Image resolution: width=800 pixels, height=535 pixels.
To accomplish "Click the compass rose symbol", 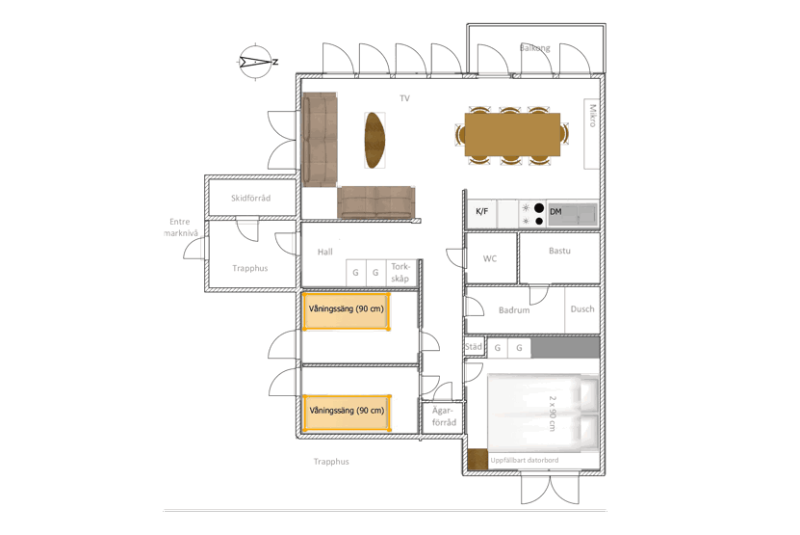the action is [256, 62].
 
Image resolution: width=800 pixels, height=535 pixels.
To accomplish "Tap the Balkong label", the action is [534, 48].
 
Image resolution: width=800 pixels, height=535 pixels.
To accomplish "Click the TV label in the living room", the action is [404, 98].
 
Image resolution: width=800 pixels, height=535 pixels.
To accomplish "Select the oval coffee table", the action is [374, 140].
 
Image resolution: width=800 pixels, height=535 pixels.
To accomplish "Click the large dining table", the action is [512, 135].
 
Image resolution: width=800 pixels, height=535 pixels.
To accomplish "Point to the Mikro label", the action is [592, 116].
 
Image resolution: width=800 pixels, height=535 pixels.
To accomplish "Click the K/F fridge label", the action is [481, 211].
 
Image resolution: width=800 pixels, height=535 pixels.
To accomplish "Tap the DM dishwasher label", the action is [555, 211].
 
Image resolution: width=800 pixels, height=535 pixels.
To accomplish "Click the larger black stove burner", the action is [539, 208].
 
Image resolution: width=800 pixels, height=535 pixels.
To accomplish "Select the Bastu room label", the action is [559, 251].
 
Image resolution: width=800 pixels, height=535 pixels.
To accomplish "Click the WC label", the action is [490, 258].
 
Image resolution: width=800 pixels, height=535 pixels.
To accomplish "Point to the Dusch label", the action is [582, 309].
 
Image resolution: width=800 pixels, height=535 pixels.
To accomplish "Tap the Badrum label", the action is [514, 310].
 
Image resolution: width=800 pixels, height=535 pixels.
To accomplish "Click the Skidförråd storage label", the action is [250, 198].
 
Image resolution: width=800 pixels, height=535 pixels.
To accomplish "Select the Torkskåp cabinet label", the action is [400, 273].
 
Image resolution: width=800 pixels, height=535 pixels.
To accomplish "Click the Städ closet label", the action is [473, 347].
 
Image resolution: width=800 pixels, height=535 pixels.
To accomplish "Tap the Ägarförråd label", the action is [444, 416].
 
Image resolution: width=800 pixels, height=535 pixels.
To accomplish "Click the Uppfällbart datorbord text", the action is [525, 460].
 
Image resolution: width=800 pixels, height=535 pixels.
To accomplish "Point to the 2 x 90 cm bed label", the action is [552, 413].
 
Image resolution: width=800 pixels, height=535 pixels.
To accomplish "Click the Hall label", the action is [325, 252].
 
